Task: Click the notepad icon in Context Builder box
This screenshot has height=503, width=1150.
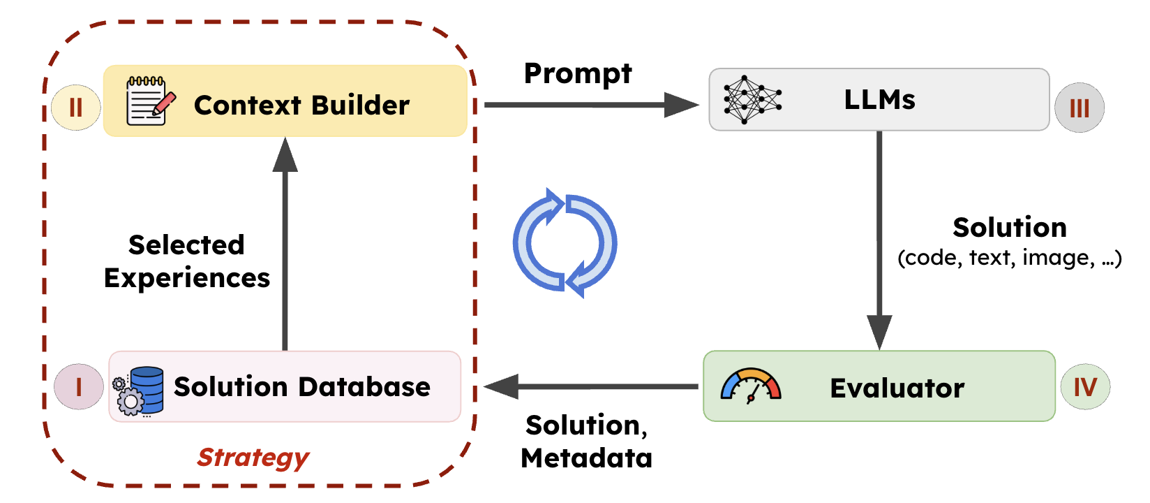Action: [x=149, y=101]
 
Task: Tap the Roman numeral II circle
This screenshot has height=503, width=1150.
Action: [x=76, y=108]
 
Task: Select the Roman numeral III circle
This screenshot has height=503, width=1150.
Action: [x=1079, y=108]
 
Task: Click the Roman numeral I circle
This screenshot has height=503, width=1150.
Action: [x=79, y=386]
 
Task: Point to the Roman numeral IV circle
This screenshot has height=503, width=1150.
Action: [x=1085, y=386]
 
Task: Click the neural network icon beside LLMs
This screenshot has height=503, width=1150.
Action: [x=752, y=100]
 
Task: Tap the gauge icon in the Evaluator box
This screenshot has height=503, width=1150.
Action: [x=751, y=386]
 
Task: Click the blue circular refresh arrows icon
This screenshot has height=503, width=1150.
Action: [x=565, y=243]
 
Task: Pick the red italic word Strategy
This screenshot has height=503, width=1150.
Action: [x=253, y=458]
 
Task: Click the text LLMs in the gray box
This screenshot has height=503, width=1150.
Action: [x=879, y=100]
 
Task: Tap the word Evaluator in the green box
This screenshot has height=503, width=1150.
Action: [x=897, y=388]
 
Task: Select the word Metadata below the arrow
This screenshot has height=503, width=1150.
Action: [x=586, y=458]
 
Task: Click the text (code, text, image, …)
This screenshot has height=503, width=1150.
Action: [x=1009, y=258]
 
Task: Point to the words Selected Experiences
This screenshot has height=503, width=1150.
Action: [x=186, y=261]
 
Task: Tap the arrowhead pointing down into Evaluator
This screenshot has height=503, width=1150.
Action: [x=879, y=331]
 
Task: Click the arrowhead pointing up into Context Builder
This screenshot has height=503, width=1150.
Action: [x=285, y=155]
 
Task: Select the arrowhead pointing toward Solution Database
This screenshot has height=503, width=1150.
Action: [x=502, y=386]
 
